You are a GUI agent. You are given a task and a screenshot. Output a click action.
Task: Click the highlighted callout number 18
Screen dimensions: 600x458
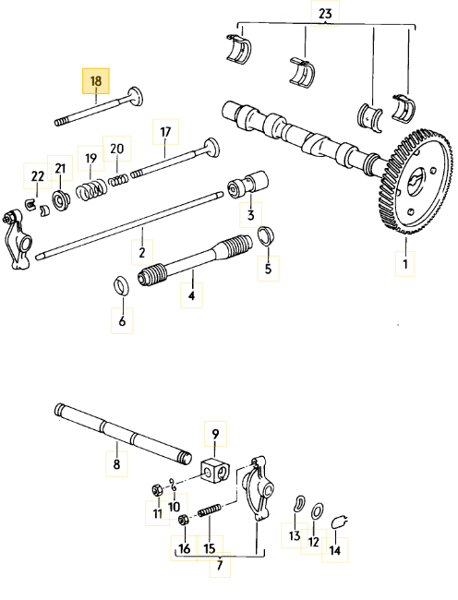tap(96, 81)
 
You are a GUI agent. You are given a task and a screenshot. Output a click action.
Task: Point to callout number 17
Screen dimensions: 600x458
tap(165, 132)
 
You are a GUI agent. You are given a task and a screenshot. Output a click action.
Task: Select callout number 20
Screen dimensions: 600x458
tap(116, 149)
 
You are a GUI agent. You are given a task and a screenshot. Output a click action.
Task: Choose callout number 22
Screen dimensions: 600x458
tap(37, 176)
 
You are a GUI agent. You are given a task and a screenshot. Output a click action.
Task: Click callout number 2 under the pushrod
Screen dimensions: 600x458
tap(142, 251)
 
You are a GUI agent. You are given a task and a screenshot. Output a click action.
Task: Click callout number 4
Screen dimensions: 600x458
tap(191, 296)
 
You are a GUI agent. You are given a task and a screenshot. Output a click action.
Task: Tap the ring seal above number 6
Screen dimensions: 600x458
tap(121, 284)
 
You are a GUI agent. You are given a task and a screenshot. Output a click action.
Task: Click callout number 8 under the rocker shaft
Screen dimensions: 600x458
tap(116, 463)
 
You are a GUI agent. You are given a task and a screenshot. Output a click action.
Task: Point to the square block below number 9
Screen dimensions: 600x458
tap(216, 469)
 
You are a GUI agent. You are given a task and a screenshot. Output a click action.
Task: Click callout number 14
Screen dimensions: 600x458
tap(334, 550)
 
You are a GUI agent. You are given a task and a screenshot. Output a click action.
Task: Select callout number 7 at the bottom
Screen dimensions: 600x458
tap(219, 565)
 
